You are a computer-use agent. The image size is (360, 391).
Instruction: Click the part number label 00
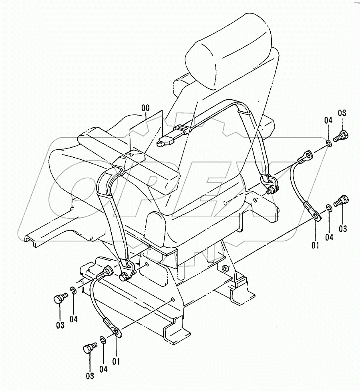pyautogui.click(x=146, y=108)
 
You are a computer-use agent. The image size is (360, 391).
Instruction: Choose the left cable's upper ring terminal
pyautogui.click(x=107, y=273)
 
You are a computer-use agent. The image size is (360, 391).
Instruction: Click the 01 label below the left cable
pyautogui.click(x=116, y=361)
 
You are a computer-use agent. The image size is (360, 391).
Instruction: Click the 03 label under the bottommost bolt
pyautogui.click(x=89, y=375)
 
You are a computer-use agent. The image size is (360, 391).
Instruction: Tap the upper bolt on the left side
pyautogui.click(x=59, y=299)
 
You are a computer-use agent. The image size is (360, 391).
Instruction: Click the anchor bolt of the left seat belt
pyautogui.click(x=125, y=276)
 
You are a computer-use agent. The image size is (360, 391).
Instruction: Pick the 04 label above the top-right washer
pyautogui.click(x=328, y=120)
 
